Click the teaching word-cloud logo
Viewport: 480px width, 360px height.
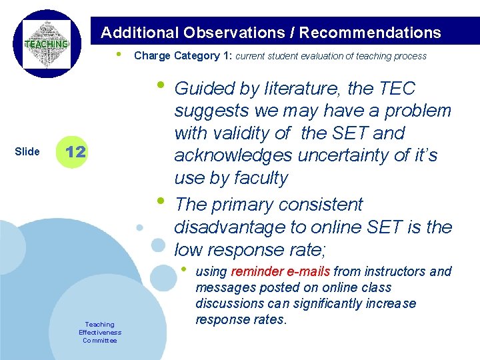tap(46, 44)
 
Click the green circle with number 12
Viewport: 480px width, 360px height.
tap(75, 151)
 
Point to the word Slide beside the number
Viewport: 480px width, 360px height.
tap(27, 151)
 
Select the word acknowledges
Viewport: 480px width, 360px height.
tap(233, 156)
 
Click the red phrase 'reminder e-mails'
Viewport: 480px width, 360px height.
tap(280, 271)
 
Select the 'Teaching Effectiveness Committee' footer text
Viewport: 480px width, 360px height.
tap(99, 332)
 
